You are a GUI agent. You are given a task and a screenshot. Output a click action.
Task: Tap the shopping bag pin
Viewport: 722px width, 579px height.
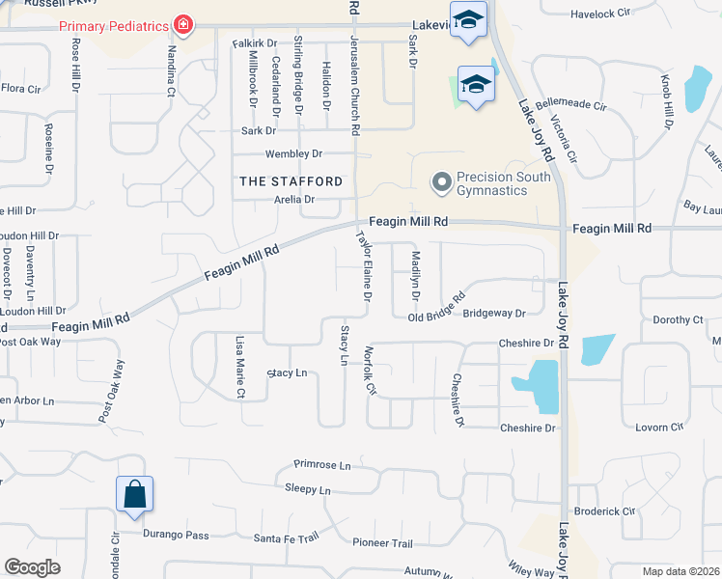click(135, 493)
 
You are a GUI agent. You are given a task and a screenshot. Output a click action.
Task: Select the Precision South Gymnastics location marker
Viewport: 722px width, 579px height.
click(442, 181)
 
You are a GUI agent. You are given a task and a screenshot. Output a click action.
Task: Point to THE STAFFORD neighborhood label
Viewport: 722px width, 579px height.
click(291, 181)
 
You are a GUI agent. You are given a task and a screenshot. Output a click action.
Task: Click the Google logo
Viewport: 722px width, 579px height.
click(32, 567)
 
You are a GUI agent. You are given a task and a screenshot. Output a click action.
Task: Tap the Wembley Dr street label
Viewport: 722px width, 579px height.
click(294, 154)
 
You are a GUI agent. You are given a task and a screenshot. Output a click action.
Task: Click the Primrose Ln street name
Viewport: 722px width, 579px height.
click(323, 465)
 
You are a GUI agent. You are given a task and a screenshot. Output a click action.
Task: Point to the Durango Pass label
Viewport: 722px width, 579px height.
click(177, 535)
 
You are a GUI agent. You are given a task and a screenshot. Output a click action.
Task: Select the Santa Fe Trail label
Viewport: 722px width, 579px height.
click(286, 538)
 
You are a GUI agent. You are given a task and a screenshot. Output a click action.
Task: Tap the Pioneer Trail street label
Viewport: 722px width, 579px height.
click(382, 543)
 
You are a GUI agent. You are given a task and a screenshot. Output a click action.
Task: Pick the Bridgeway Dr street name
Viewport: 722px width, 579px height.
click(494, 314)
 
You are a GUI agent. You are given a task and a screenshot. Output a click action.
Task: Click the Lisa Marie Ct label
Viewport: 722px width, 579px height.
click(239, 367)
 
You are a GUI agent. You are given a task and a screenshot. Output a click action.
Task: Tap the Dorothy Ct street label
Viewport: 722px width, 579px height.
click(679, 320)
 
